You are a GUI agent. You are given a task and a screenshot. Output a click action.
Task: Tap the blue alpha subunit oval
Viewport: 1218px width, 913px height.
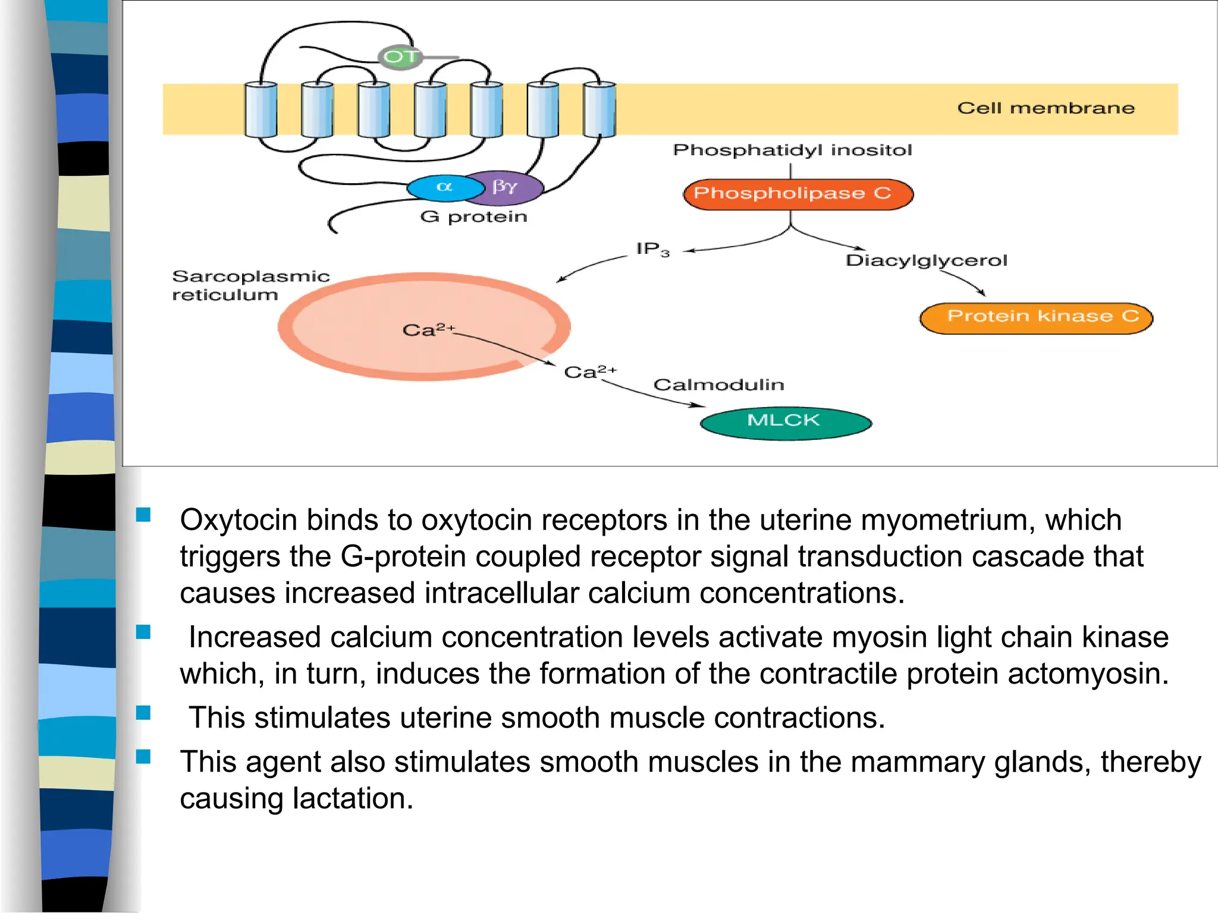click(x=445, y=188)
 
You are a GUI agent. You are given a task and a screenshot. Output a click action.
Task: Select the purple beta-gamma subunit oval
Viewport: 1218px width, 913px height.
click(x=507, y=187)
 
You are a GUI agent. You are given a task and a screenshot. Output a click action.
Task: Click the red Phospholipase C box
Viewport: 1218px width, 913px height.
click(x=797, y=194)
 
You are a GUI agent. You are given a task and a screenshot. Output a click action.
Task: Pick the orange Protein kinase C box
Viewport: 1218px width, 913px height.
click(x=1035, y=317)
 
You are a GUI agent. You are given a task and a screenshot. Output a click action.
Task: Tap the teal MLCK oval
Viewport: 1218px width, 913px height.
click(x=785, y=422)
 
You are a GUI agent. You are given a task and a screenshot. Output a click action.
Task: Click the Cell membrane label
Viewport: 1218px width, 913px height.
click(x=1046, y=108)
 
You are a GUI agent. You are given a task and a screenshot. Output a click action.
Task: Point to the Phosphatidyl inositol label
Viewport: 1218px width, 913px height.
click(x=792, y=150)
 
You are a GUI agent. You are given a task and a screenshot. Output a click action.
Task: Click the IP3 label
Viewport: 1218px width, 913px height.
click(x=652, y=249)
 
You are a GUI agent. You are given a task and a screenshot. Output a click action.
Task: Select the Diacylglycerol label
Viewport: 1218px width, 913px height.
click(x=926, y=260)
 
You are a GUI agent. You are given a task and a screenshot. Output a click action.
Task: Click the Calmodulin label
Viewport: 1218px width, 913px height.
click(x=718, y=385)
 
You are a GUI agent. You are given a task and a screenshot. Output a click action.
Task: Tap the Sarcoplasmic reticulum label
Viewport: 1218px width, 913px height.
click(x=250, y=285)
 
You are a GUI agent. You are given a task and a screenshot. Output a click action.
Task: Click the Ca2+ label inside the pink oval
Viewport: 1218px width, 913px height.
click(x=427, y=330)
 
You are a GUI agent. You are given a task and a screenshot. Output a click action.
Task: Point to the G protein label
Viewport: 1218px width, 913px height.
click(x=473, y=216)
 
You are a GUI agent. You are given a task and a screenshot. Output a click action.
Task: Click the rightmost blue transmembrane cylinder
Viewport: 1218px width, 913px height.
click(x=599, y=109)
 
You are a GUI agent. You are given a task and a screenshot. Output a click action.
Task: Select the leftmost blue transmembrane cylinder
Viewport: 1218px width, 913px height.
click(x=260, y=109)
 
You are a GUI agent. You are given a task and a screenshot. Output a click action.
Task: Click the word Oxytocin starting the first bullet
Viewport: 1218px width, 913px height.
click(x=238, y=520)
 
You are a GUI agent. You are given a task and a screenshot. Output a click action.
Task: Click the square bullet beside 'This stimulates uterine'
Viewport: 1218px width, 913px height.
click(x=143, y=712)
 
